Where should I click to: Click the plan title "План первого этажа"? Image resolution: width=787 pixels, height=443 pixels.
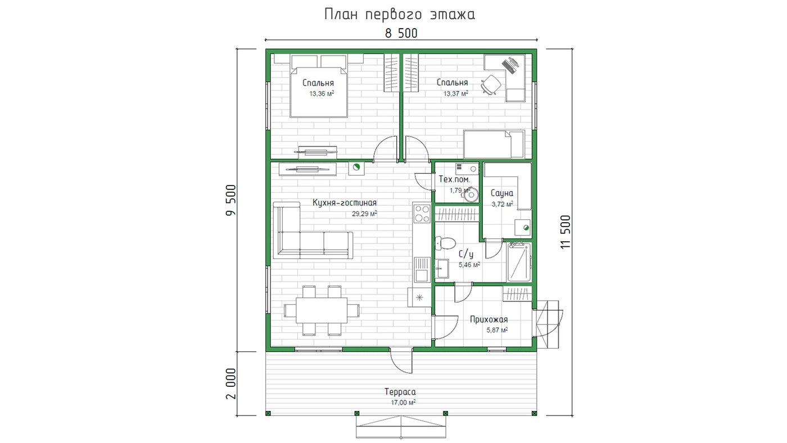pos(400,15)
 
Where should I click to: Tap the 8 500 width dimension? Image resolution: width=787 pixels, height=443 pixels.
pos(401,33)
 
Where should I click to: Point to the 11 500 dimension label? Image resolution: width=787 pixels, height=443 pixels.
pos(566,232)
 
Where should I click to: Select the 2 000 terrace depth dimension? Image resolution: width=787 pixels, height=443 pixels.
pos(231,383)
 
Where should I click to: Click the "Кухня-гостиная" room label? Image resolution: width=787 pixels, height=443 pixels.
pos(345,203)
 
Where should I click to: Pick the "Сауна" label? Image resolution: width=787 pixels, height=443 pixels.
pos(501,193)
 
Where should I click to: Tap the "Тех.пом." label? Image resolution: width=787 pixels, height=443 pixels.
pos(454,179)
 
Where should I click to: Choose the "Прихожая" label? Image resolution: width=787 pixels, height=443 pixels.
pos(489,320)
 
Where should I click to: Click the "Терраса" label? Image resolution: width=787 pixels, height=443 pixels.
pos(400,392)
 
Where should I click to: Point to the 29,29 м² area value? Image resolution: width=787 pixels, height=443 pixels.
pos(365,214)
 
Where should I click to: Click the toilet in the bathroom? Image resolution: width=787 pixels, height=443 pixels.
pos(445,243)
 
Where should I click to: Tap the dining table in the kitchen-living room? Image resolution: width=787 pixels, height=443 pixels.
pos(322,310)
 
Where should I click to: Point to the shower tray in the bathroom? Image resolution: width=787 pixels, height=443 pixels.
pos(519,262)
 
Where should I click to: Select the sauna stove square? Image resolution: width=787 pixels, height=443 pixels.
pos(523,228)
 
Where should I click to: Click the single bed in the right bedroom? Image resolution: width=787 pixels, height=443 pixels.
pos(494,144)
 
